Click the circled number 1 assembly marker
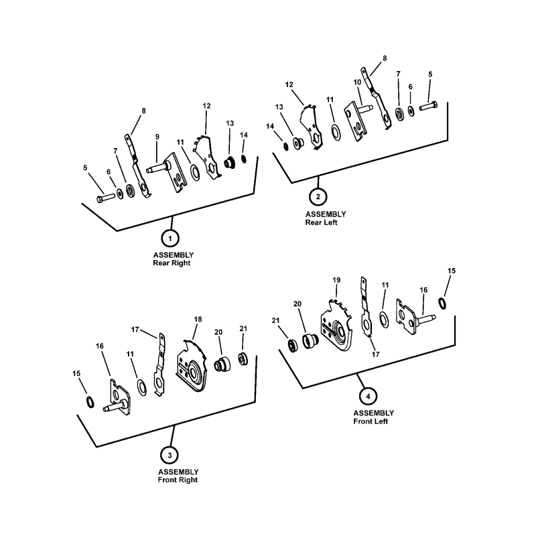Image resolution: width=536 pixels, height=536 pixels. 170,238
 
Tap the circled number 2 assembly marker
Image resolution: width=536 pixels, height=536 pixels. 318,196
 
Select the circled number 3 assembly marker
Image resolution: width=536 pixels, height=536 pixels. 170,455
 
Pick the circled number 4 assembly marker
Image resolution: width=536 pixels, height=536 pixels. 368,397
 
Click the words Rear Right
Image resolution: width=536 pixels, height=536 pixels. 172,263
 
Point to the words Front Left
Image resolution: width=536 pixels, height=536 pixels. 371,421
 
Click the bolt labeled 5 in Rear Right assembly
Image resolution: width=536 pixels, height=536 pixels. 106,198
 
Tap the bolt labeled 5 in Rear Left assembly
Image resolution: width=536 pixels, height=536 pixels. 428,106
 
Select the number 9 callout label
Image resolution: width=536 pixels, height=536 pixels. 157,137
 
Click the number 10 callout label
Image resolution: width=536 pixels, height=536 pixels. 357,82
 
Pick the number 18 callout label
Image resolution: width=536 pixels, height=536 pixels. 198,320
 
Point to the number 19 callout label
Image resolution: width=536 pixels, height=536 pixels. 336,280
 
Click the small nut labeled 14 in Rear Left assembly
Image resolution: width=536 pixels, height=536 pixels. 286,146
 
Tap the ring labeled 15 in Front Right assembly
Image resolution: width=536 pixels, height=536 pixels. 90,401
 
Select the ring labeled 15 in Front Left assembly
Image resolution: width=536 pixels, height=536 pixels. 442,304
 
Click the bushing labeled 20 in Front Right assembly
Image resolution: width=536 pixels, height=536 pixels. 222,364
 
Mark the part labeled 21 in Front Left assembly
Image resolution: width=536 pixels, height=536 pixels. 292,346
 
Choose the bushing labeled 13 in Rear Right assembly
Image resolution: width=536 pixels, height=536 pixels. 229,162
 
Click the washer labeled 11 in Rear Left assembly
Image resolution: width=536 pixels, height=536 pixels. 336,133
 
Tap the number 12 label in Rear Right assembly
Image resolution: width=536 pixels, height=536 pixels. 206,106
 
